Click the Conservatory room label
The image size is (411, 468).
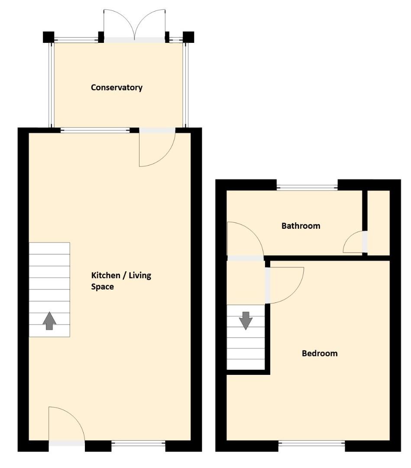[x=117, y=88]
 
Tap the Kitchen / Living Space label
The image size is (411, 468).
[x=121, y=281]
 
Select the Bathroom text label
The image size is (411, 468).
[x=301, y=226]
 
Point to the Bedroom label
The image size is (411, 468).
[x=320, y=353]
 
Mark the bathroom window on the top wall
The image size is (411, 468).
[x=307, y=188]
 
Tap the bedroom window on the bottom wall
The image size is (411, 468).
[x=311, y=443]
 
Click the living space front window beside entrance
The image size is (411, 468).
[x=139, y=443]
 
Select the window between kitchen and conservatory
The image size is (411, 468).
[x=95, y=130]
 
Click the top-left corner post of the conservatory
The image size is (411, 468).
[x=48, y=37]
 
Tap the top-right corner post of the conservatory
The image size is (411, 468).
[x=188, y=37]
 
